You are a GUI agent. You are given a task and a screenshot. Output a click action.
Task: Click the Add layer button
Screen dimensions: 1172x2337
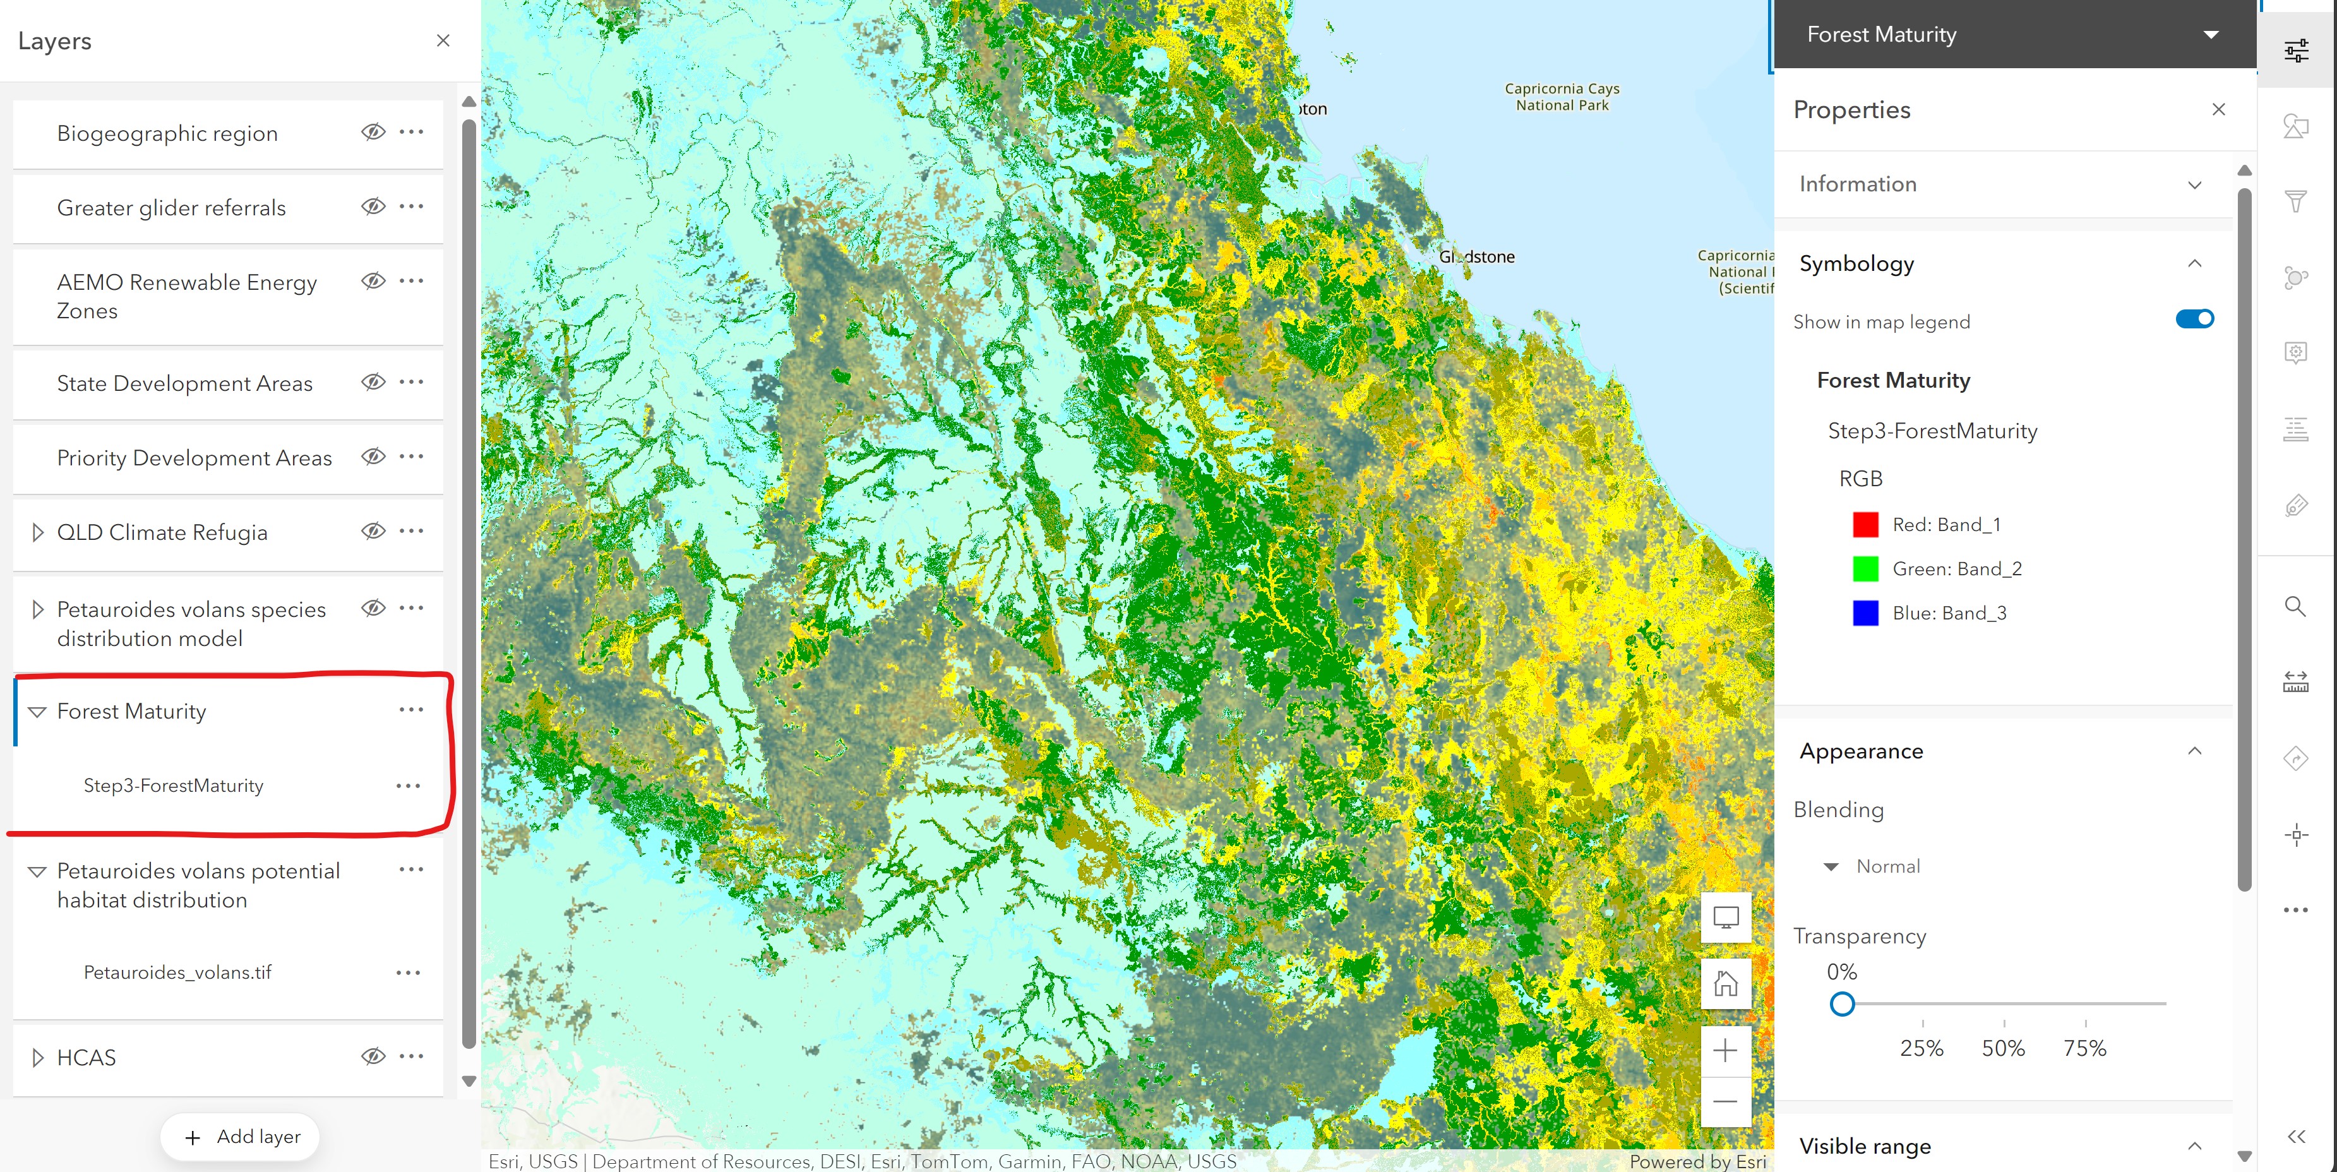(x=241, y=1137)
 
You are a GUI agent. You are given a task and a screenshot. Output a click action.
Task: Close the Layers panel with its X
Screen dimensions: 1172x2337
(x=443, y=41)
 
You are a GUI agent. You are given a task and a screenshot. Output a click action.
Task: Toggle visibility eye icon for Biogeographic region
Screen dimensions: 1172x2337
(x=373, y=133)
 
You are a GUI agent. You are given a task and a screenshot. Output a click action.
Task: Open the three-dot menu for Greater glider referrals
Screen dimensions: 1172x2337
(x=411, y=207)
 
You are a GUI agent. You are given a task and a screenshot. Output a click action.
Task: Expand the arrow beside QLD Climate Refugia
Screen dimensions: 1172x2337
(x=37, y=532)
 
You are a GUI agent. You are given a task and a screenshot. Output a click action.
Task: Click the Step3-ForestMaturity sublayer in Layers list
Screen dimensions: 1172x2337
(x=173, y=786)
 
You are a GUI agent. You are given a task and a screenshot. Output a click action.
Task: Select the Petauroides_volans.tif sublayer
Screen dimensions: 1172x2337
(x=178, y=972)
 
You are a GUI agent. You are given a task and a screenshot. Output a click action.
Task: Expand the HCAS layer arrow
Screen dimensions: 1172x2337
(x=37, y=1058)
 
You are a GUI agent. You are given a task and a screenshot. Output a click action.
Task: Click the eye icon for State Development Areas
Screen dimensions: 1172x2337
(x=373, y=382)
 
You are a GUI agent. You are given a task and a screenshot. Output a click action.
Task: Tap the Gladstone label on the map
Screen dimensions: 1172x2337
(x=1476, y=257)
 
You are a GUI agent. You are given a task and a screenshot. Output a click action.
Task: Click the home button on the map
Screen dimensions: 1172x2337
(x=1724, y=983)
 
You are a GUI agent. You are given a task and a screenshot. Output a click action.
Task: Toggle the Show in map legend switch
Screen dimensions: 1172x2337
(x=2194, y=320)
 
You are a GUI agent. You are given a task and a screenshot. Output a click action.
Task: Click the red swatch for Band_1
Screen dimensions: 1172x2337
(x=1864, y=524)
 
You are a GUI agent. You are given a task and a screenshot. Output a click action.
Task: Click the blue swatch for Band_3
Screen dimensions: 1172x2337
(x=1864, y=613)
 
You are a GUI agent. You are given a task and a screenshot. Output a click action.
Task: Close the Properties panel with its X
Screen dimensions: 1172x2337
(x=2218, y=110)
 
